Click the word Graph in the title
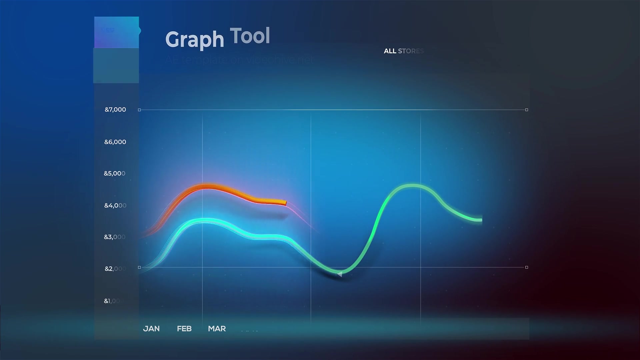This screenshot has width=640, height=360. pos(194,40)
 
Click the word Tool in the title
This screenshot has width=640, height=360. pos(250,36)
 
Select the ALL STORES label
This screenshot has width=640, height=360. pos(403,51)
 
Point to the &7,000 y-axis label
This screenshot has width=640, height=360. pos(115,110)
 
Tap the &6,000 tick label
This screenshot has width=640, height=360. pos(115,142)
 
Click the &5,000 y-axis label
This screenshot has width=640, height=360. pos(115,173)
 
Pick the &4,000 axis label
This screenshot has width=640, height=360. pos(115,206)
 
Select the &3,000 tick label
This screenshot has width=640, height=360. pos(115,237)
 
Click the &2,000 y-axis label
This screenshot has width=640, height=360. pos(115,269)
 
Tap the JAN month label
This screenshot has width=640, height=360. pos(151,329)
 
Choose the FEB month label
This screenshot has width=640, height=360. pos(184,329)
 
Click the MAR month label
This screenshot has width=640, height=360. pos(217,329)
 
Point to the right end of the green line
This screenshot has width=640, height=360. pos(481,220)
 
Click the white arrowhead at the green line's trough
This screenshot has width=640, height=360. pos(340,274)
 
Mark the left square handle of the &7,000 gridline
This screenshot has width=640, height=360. pos(139,110)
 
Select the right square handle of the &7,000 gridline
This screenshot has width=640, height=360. pos(527,110)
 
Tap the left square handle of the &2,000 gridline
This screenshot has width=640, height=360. pos(139,267)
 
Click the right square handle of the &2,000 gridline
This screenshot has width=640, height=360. pos(527,267)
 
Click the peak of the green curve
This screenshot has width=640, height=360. pos(412,186)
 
